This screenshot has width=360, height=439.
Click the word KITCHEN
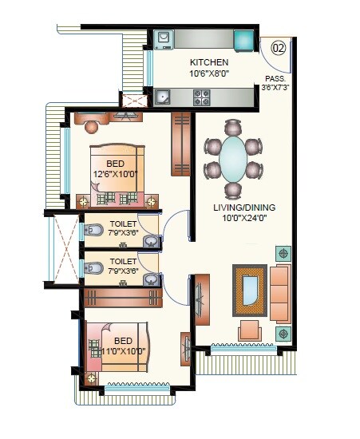click(x=209, y=62)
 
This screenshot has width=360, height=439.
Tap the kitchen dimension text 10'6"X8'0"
click(x=209, y=73)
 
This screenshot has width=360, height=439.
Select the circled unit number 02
click(x=279, y=47)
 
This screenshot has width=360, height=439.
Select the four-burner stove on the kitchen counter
click(x=202, y=98)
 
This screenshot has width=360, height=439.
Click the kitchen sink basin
click(x=164, y=98)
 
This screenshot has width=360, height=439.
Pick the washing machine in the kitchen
click(x=164, y=38)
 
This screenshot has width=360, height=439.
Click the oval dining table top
click(x=233, y=159)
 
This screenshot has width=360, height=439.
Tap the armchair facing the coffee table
click(x=250, y=329)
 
